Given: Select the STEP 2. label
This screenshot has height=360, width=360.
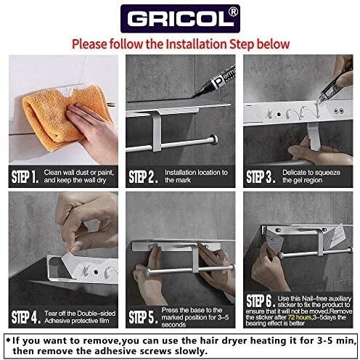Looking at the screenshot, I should coord(142,176).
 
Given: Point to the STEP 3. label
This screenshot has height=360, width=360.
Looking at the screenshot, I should coord(260,176).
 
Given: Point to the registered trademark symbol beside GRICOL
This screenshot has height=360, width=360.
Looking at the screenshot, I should coord(234,12).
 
